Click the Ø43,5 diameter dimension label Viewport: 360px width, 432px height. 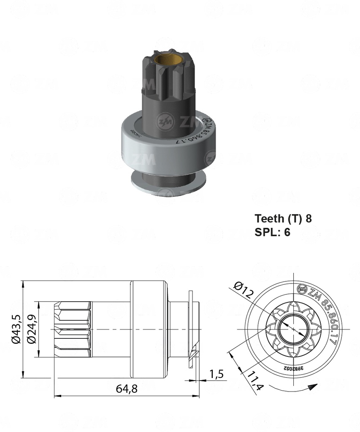[16, 328]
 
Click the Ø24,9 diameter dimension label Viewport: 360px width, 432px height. [31, 328]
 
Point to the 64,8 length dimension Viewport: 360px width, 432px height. [127, 389]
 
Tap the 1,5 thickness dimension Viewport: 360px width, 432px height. [215, 373]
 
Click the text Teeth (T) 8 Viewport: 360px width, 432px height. [283, 218]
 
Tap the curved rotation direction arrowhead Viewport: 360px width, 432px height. [311, 386]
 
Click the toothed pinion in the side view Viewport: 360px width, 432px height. [73, 328]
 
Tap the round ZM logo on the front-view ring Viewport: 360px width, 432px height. [302, 289]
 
